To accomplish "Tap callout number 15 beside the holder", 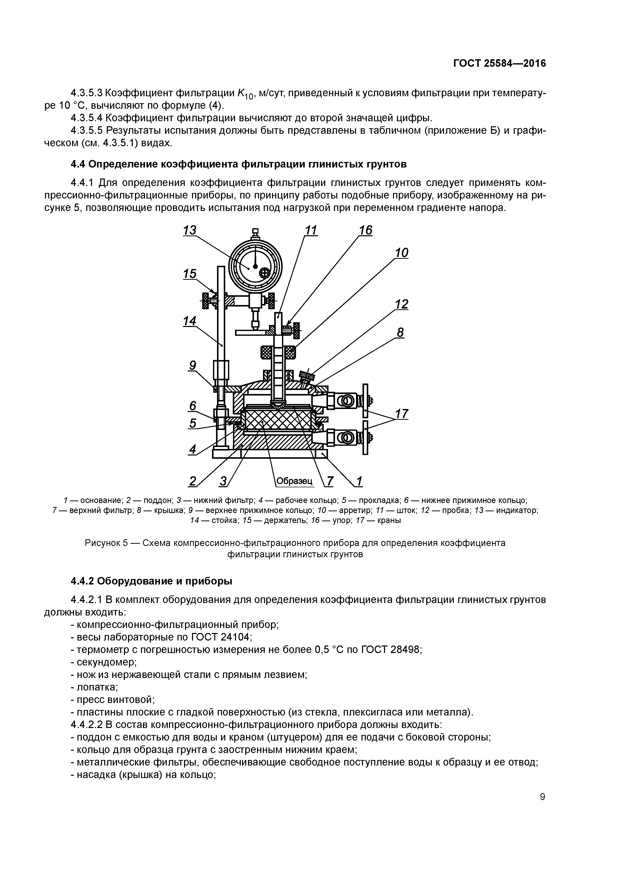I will [x=189, y=274].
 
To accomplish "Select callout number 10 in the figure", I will [x=401, y=252].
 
